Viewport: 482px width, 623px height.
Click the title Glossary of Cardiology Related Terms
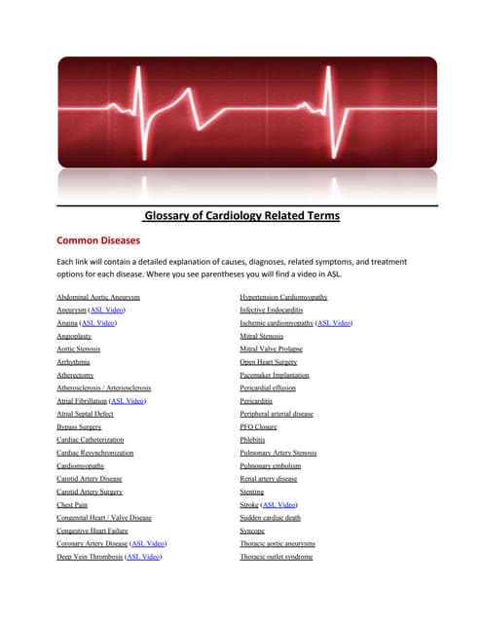(241, 216)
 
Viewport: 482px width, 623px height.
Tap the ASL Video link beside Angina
(99, 322)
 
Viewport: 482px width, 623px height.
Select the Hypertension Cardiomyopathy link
(283, 296)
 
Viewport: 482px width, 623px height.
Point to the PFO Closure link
(259, 426)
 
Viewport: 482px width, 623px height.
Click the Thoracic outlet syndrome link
(277, 557)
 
